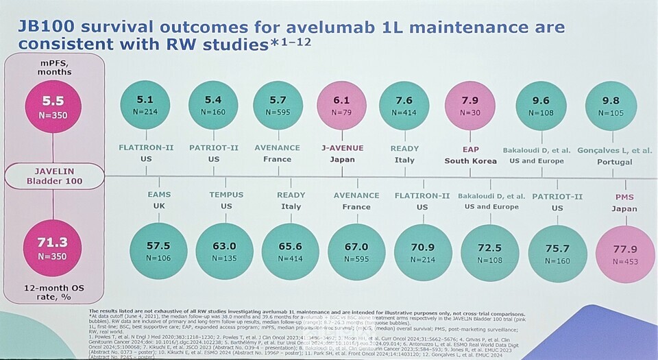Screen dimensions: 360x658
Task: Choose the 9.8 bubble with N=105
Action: (609, 106)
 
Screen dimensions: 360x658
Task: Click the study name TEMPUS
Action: (226, 195)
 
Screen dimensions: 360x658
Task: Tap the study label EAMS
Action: (160, 195)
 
